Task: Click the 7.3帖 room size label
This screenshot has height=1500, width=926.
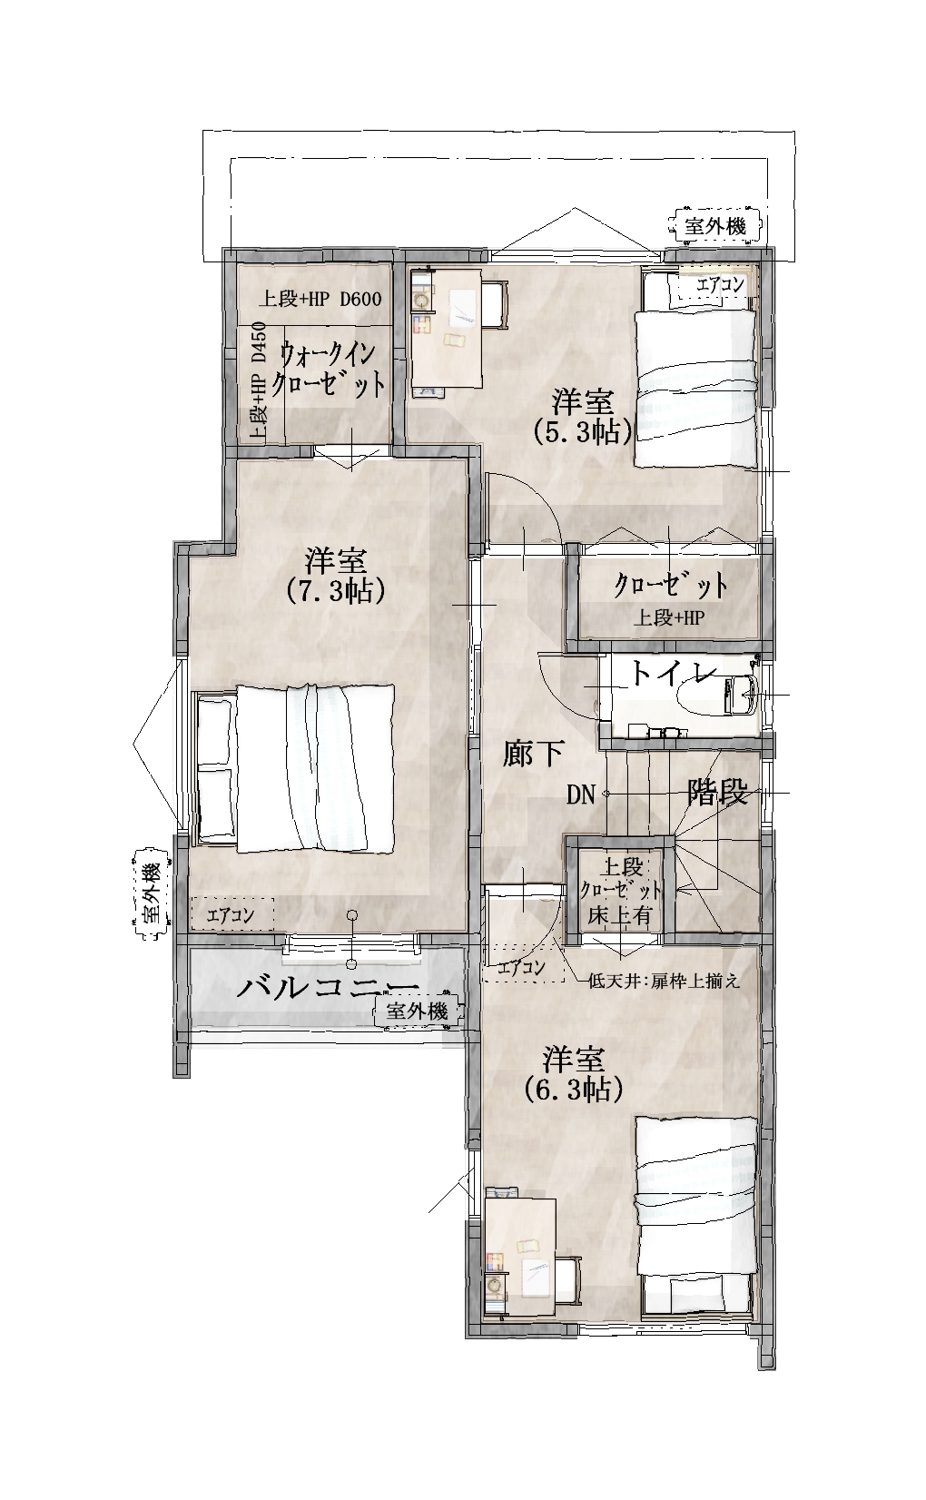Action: (335, 590)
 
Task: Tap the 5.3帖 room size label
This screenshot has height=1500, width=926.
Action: (583, 433)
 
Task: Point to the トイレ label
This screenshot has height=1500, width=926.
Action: (674, 674)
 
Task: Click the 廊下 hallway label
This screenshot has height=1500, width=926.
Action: (534, 754)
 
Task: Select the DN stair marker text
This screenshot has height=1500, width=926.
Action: (580, 794)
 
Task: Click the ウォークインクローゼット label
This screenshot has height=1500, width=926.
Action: (331, 370)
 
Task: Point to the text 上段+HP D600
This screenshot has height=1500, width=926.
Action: (320, 299)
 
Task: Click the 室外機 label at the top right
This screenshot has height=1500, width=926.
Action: (715, 226)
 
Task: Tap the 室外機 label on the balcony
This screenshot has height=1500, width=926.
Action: (417, 1011)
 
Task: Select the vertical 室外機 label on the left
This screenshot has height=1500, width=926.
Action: (150, 893)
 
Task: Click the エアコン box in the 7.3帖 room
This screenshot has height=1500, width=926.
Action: (232, 914)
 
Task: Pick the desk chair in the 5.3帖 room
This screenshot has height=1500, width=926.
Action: (497, 305)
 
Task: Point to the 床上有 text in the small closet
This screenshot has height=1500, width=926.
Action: (619, 915)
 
